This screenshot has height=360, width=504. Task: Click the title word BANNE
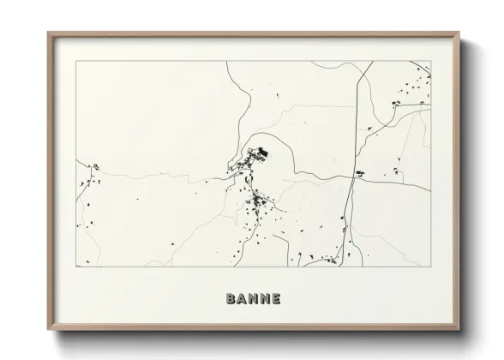click(x=252, y=298)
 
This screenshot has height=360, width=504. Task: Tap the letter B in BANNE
click(x=230, y=298)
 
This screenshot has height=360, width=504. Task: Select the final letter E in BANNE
click(x=275, y=298)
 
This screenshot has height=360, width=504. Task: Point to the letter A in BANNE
click(x=241, y=298)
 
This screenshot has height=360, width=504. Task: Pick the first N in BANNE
click(x=252, y=298)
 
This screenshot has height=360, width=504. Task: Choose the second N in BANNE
click(x=264, y=298)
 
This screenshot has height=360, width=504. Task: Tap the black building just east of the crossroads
click(x=360, y=173)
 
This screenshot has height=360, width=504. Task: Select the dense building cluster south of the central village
click(x=255, y=203)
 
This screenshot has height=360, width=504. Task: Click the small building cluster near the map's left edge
click(x=95, y=166)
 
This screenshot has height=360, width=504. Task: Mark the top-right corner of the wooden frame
click(x=460, y=33)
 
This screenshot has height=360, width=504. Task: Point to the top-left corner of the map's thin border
click(x=76, y=61)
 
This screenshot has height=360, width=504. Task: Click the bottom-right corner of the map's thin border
click(x=431, y=267)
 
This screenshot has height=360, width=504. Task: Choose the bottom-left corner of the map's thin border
click(x=76, y=267)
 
